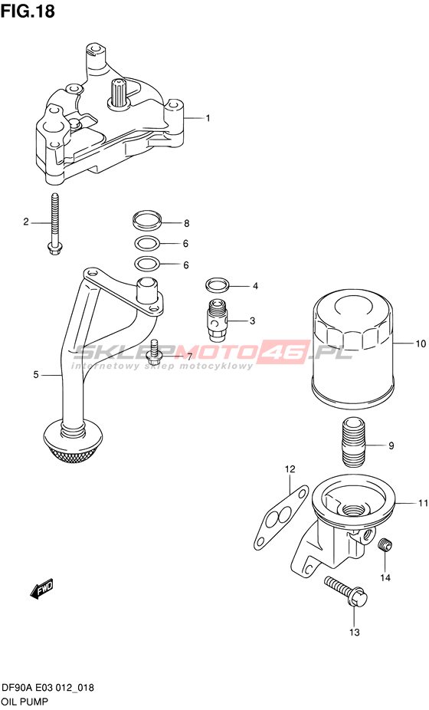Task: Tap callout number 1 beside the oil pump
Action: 208,118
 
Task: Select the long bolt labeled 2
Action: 56,223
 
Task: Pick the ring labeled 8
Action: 148,220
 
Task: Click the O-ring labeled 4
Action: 217,285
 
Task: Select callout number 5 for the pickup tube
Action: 36,374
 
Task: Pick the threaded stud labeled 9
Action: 353,444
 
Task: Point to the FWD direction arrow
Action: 41,589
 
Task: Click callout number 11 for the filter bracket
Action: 423,503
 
